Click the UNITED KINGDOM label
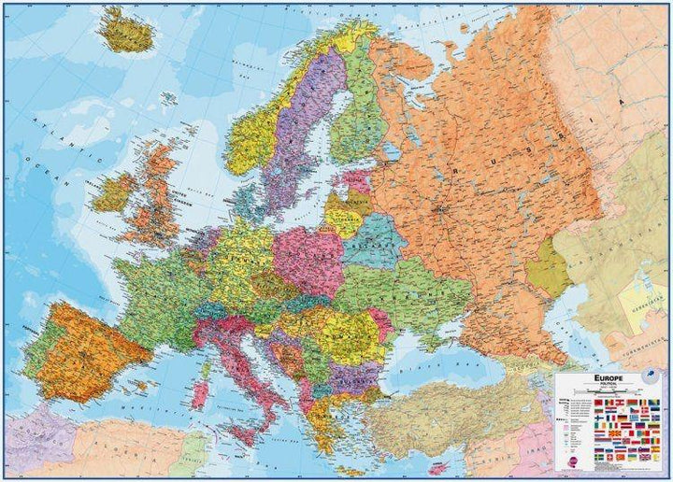[x=178, y=198]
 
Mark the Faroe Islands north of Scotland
[x=165, y=96]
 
